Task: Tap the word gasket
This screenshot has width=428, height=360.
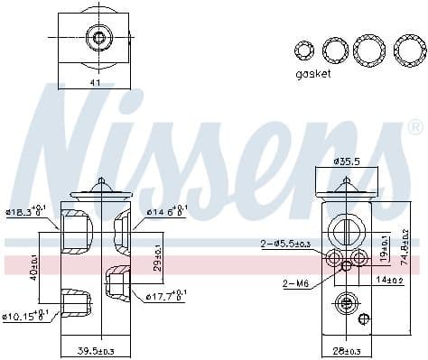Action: (x=312, y=74)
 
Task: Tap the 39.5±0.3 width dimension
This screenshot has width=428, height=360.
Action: (x=96, y=351)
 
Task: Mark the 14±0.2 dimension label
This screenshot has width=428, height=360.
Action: (x=395, y=281)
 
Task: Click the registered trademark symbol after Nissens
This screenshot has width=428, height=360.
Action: (x=415, y=125)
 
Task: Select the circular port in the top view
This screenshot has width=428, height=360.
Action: (x=97, y=38)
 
